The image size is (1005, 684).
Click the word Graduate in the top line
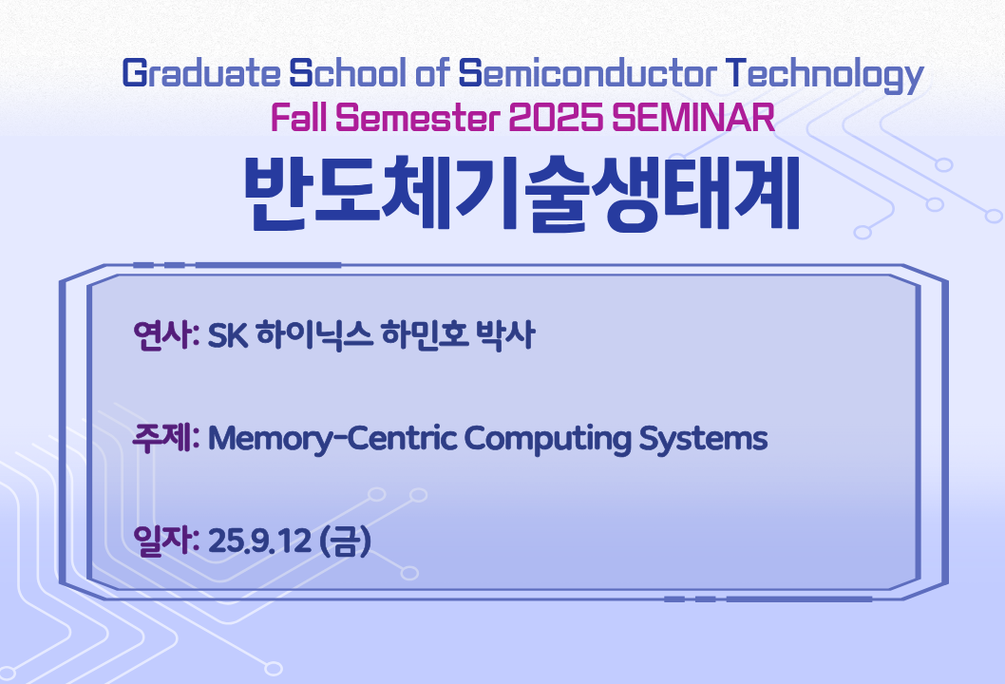click(200, 73)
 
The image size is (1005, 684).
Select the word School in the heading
click(348, 73)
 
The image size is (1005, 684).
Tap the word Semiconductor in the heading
click(588, 73)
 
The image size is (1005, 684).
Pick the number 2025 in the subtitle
click(556, 117)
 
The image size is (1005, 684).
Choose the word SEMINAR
click(693, 117)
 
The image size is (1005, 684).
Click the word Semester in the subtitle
click(417, 117)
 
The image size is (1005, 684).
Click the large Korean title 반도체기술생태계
click(522, 193)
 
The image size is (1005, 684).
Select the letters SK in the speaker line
click(228, 335)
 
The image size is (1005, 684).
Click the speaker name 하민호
click(424, 334)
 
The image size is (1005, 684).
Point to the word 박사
click(505, 334)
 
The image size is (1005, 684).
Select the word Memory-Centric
click(332, 440)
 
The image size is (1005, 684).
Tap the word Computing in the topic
click(547, 440)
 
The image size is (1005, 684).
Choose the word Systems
click(703, 440)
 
